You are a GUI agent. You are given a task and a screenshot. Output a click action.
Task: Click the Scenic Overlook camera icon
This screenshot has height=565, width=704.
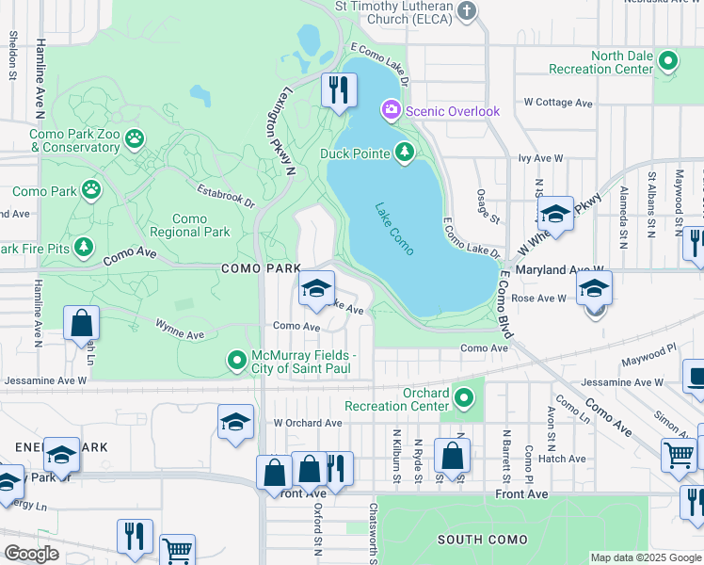pyautogui.click(x=391, y=111)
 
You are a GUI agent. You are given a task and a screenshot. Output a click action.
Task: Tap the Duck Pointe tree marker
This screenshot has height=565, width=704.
pyautogui.click(x=405, y=152)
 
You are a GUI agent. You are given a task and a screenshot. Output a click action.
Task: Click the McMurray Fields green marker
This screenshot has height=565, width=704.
pyautogui.click(x=237, y=360)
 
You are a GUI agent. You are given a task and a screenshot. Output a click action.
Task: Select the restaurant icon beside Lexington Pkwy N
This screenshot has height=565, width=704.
pyautogui.click(x=336, y=89)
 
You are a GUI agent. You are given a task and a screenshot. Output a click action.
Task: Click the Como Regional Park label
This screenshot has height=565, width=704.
pyautogui.click(x=189, y=225)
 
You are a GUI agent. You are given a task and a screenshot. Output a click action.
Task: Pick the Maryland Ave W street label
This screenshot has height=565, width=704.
pyautogui.click(x=562, y=269)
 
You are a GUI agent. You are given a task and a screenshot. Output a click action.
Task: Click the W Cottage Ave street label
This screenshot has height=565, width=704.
pyautogui.click(x=558, y=102)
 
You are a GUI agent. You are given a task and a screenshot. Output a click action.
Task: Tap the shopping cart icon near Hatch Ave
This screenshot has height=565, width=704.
pyautogui.click(x=678, y=455)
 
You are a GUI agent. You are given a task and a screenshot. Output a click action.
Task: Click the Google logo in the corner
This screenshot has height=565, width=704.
pyautogui.click(x=32, y=554)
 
